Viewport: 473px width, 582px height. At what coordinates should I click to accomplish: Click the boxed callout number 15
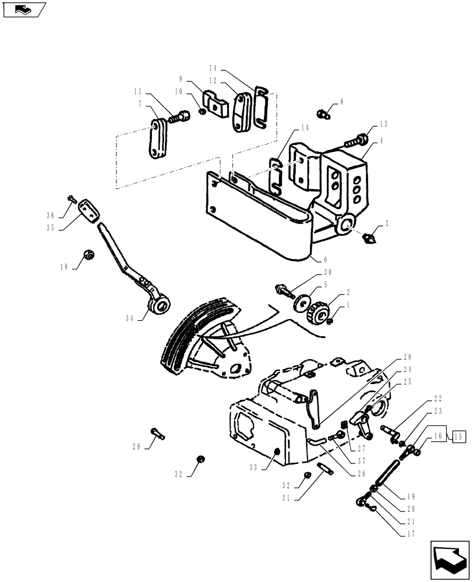[458, 436]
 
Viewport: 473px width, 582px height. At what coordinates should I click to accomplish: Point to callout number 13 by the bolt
[383, 125]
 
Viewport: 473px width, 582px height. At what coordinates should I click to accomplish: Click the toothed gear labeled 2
[317, 313]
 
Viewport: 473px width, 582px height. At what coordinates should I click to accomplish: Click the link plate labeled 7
[155, 139]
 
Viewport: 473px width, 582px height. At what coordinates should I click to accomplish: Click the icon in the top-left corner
[24, 9]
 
